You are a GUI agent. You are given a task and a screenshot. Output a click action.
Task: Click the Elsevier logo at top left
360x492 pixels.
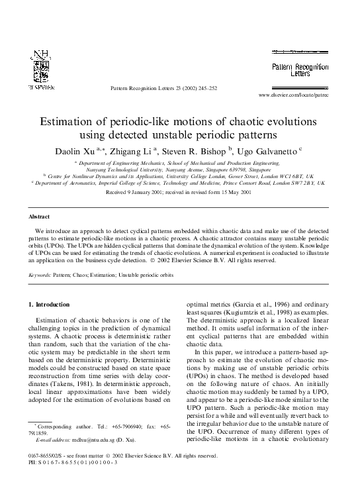41,69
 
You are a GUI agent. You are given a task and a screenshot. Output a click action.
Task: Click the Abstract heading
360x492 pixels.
38,217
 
